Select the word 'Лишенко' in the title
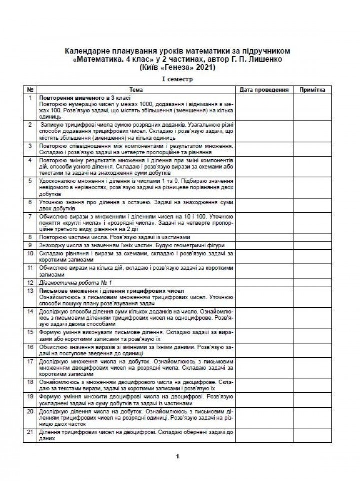(x=268, y=59)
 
